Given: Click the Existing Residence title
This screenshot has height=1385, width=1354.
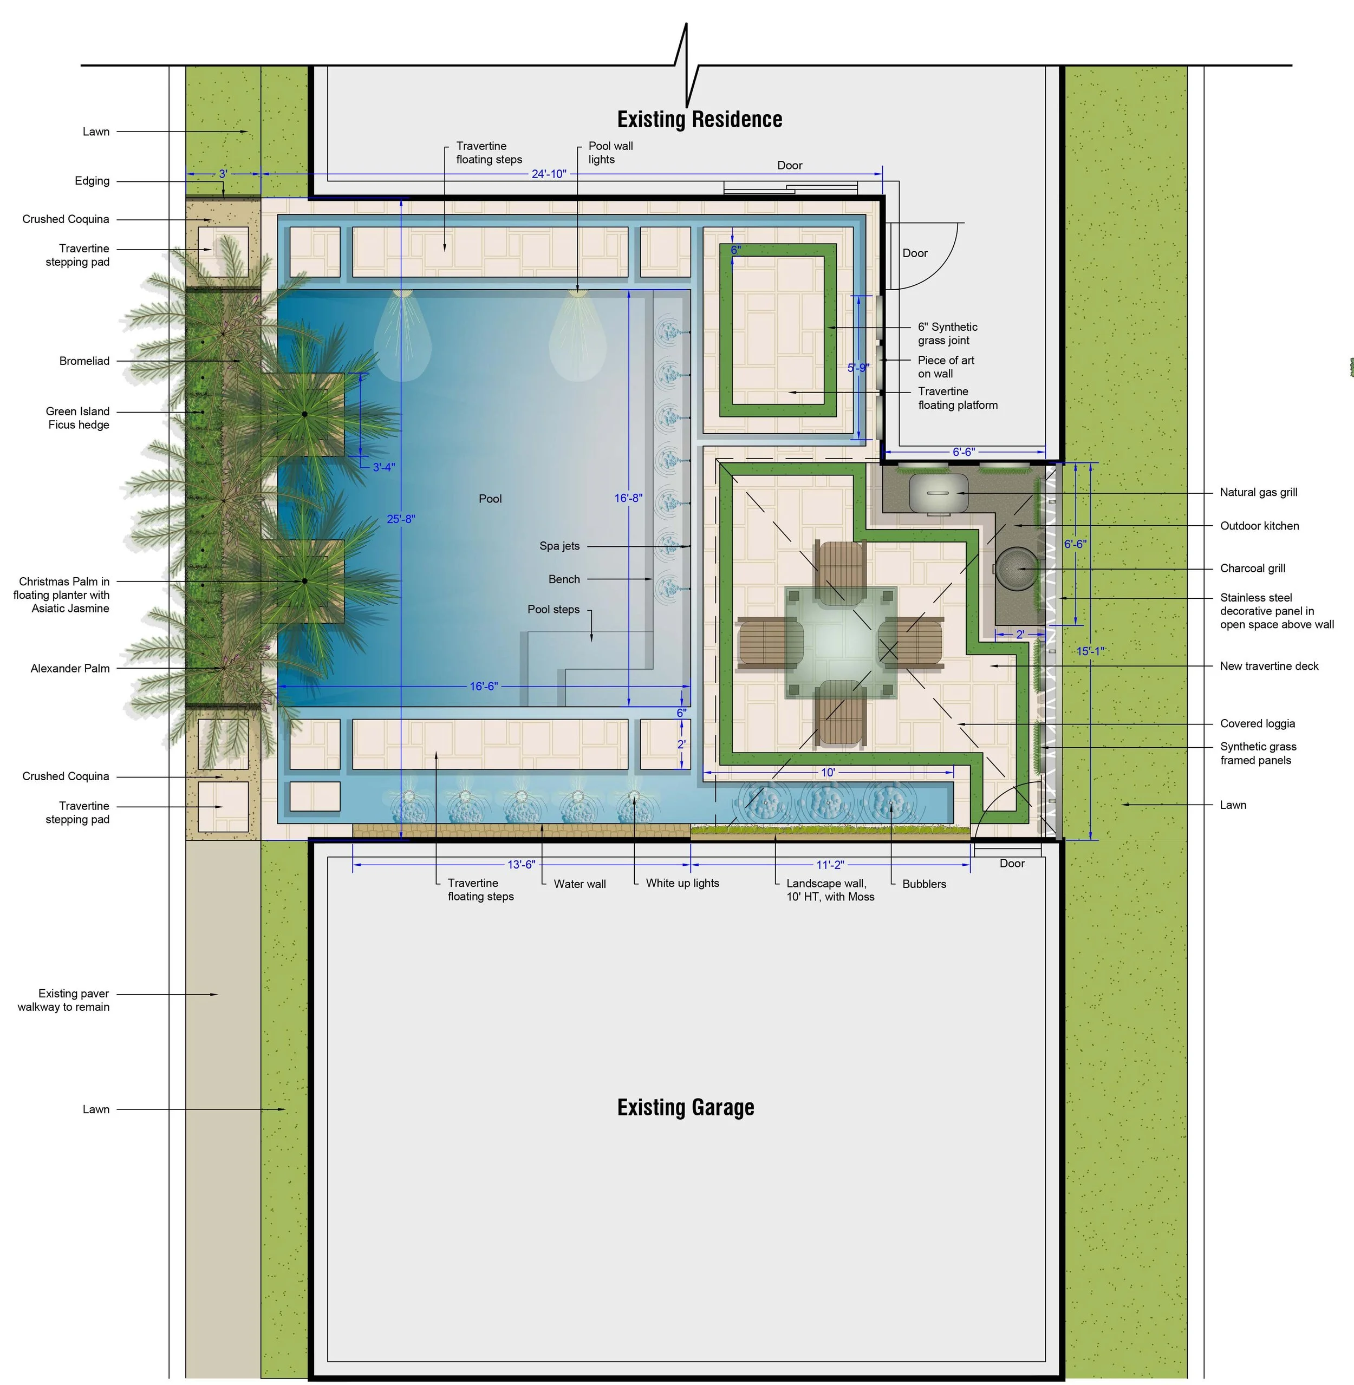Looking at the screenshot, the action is tap(699, 120).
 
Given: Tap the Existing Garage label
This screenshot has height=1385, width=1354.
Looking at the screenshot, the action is tap(686, 1107).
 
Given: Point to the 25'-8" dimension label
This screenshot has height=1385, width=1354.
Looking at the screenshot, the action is tap(401, 519).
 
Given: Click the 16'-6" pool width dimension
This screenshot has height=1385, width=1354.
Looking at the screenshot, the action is tap(484, 686).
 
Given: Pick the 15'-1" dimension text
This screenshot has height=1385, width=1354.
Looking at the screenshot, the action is tap(1091, 651).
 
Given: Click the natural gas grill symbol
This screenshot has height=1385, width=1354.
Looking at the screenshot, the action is tap(939, 493).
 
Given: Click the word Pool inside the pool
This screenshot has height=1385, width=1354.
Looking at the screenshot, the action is tap(490, 499).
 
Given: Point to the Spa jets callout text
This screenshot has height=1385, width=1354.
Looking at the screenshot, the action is tap(559, 546).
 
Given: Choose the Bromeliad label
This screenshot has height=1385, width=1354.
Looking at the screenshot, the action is tap(84, 361).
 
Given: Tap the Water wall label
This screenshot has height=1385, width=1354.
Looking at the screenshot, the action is tap(580, 884).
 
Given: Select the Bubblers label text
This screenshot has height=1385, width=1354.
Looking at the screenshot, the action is tap(924, 884).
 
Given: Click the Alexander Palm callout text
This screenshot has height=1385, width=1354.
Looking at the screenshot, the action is tap(70, 668).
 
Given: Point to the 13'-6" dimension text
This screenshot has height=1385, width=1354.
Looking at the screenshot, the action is tap(521, 865).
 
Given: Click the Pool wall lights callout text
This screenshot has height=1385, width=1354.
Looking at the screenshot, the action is tap(610, 153).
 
